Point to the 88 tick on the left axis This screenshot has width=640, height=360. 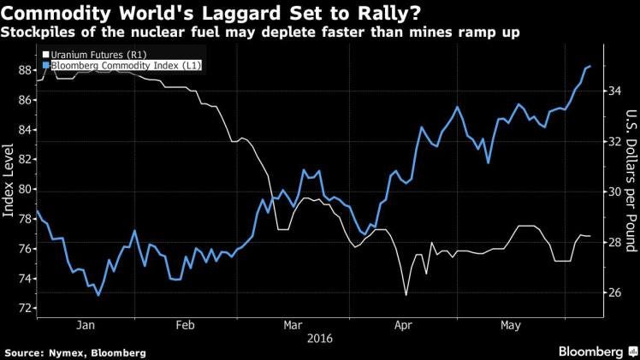24,70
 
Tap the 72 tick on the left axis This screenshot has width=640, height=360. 24,308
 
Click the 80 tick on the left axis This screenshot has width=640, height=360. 24,189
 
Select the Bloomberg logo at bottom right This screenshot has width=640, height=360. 594,351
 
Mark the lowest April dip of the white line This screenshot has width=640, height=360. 406,295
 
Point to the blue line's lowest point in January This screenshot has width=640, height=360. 98,295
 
